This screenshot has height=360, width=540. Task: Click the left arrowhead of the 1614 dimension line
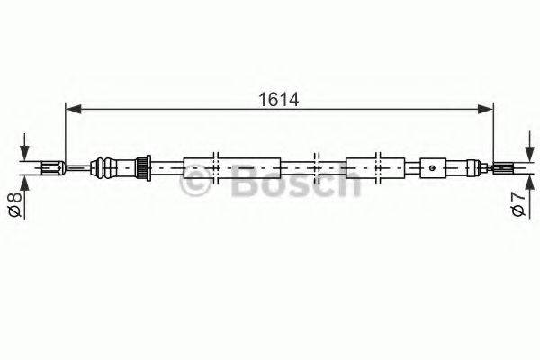(73, 110)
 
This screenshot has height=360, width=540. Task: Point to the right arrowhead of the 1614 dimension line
(486, 110)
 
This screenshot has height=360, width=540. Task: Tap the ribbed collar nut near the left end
(140, 166)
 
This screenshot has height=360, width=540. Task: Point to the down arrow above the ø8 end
(24, 148)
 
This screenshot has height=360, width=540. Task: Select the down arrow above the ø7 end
(517, 149)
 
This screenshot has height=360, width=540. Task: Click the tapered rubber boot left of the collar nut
(113, 166)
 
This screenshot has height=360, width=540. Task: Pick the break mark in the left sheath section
(217, 166)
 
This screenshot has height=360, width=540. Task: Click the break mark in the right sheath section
(379, 166)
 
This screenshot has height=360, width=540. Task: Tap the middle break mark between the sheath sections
(316, 166)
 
